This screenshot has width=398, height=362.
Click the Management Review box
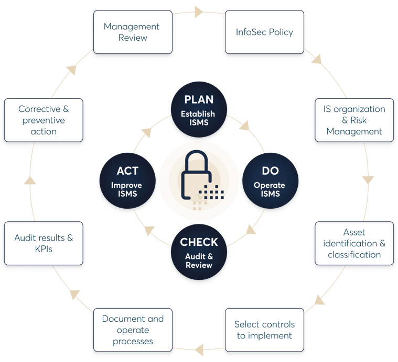click(x=133, y=32)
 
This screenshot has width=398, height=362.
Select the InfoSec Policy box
click(x=264, y=32)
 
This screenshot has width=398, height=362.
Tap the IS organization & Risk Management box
click(x=354, y=120)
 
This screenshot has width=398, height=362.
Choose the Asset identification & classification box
click(x=354, y=243)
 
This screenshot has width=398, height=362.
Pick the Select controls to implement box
click(x=264, y=330)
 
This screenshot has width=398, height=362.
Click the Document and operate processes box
click(x=133, y=330)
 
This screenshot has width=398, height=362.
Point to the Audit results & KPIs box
click(x=44, y=243)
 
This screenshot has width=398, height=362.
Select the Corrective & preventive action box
click(x=44, y=120)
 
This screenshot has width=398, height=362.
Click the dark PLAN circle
click(x=199, y=109)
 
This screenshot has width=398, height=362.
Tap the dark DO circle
click(x=270, y=181)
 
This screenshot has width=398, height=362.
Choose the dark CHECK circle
click(x=199, y=253)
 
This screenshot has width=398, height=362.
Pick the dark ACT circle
click(x=127, y=181)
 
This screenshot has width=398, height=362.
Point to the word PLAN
click(x=199, y=100)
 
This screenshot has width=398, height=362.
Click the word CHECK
click(x=199, y=243)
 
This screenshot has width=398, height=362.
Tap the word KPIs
click(x=44, y=249)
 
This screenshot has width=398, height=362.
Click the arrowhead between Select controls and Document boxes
click(x=199, y=346)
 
